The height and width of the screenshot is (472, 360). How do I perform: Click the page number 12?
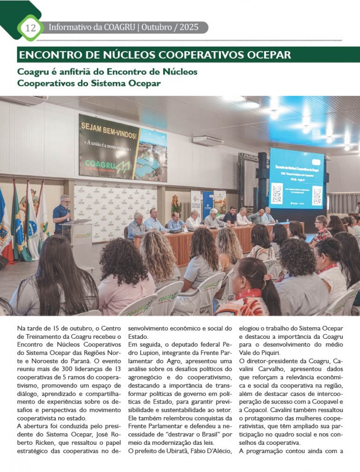click(30, 28)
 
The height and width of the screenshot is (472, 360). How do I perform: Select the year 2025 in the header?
click(189, 28)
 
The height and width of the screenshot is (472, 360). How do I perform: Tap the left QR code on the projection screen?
click(277, 194)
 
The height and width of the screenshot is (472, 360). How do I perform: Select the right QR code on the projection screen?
click(317, 196)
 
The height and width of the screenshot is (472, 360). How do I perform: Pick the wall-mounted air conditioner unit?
click(208, 140)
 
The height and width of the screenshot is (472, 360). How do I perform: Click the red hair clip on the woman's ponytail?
click(265, 276)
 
